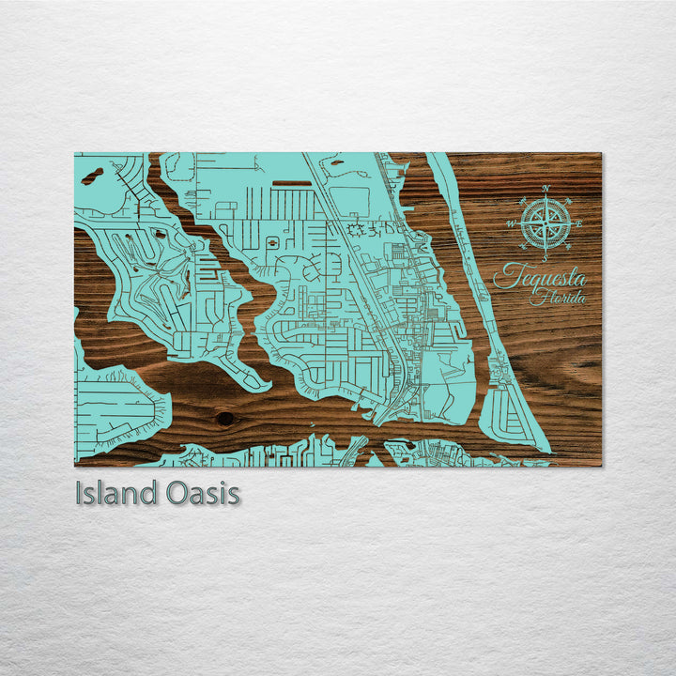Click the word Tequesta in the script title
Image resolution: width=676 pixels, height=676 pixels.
(x=540, y=276)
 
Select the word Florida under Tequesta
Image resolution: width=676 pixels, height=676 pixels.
(x=558, y=298)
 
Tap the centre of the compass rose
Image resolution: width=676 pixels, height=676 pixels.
(x=544, y=223)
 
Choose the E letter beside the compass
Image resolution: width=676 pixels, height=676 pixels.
(x=578, y=223)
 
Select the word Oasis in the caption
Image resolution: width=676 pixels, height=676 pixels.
(x=202, y=494)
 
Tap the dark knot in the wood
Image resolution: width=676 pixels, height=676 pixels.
(x=224, y=418)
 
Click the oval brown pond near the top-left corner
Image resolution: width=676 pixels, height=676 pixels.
(x=91, y=176)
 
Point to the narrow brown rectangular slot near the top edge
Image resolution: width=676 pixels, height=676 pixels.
(x=292, y=183)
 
